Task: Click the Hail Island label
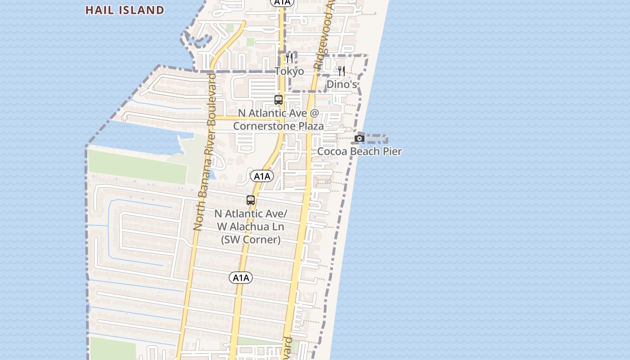click(x=125, y=10)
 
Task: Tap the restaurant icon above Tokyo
click(x=289, y=58)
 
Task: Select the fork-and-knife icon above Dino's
click(x=342, y=71)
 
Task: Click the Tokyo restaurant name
click(x=289, y=72)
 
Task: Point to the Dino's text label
click(x=342, y=85)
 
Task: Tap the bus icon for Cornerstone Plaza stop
click(x=279, y=100)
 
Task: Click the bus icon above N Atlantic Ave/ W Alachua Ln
click(x=251, y=200)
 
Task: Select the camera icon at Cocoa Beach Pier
click(x=360, y=138)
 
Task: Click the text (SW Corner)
click(x=251, y=239)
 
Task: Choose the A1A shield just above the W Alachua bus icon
click(x=261, y=176)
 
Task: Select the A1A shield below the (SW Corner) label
click(x=241, y=278)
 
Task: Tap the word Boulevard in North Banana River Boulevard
click(x=211, y=95)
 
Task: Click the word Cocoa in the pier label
click(x=332, y=151)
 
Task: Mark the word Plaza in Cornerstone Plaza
click(x=309, y=126)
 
